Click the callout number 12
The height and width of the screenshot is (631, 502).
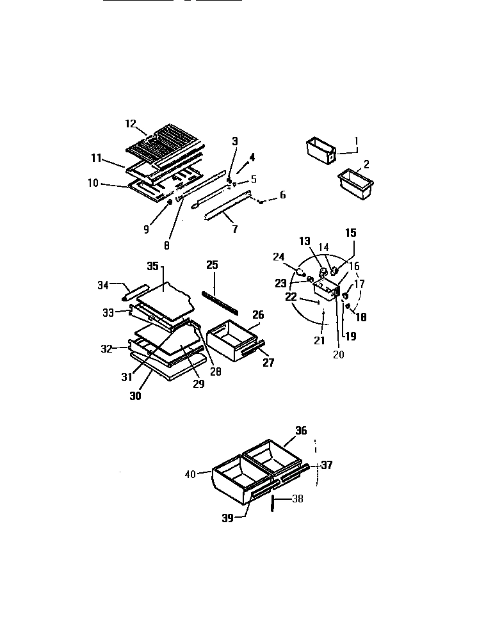pyautogui.click(x=131, y=123)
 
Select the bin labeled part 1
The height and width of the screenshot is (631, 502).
pyautogui.click(x=317, y=150)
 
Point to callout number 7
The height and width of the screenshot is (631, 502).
pyautogui.click(x=235, y=228)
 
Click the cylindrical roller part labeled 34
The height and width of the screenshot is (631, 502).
pyautogui.click(x=129, y=294)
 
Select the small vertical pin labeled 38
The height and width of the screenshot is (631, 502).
pyautogui.click(x=272, y=504)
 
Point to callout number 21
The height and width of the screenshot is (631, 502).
pyautogui.click(x=319, y=340)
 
